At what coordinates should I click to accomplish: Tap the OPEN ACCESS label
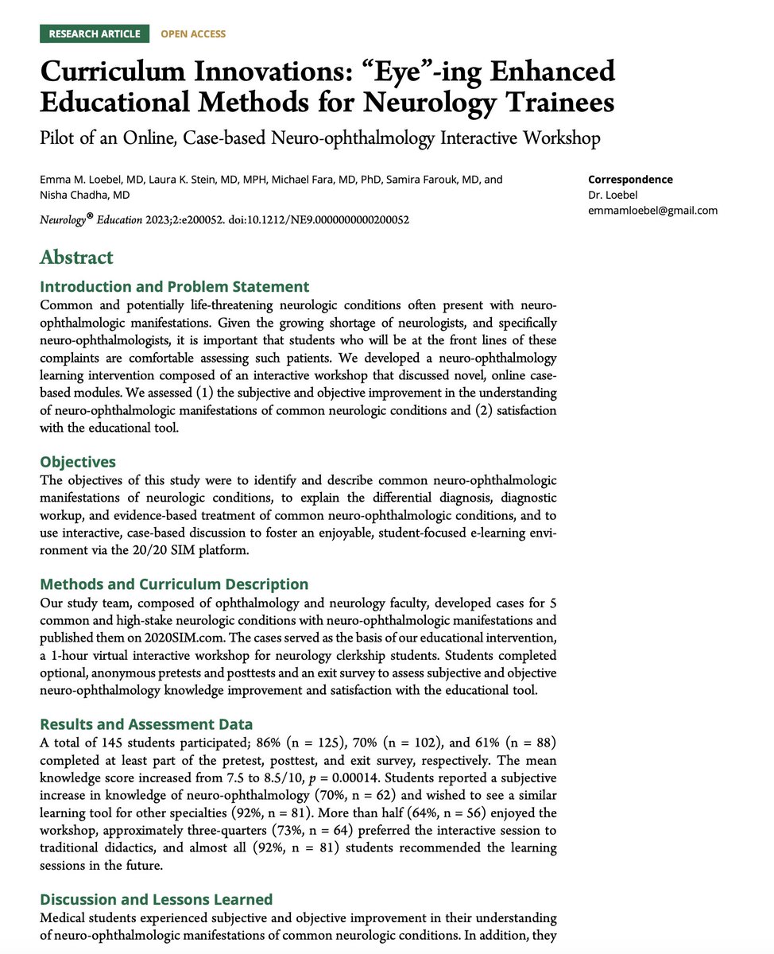(x=193, y=33)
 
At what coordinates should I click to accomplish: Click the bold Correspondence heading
(x=630, y=180)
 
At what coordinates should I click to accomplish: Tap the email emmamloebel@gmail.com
(x=652, y=211)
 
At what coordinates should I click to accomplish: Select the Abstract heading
(x=76, y=257)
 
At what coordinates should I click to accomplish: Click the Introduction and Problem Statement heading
(x=174, y=286)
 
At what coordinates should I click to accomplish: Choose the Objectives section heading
(x=78, y=462)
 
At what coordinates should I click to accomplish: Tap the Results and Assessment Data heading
(x=146, y=723)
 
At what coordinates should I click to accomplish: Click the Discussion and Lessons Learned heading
(x=156, y=899)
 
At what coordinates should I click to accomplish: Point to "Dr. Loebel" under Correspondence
(x=612, y=195)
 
